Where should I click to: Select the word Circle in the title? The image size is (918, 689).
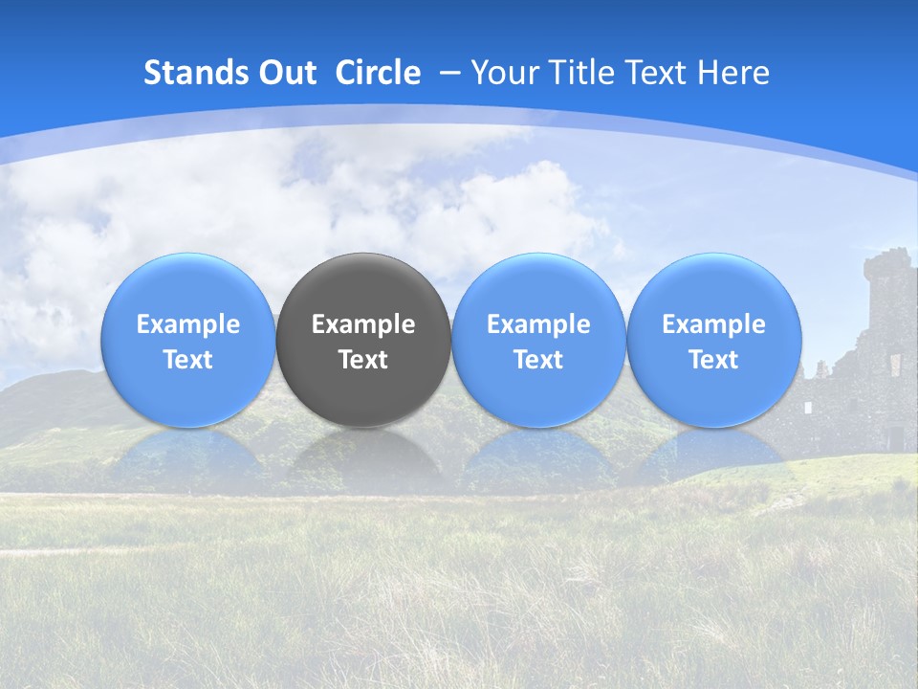(x=378, y=73)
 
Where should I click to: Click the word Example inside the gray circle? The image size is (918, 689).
(x=363, y=324)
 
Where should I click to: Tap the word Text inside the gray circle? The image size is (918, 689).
(x=363, y=360)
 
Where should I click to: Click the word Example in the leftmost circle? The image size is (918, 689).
(x=187, y=324)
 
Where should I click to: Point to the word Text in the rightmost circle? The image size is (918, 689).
(x=713, y=360)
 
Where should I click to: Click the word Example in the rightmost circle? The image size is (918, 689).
(x=713, y=324)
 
